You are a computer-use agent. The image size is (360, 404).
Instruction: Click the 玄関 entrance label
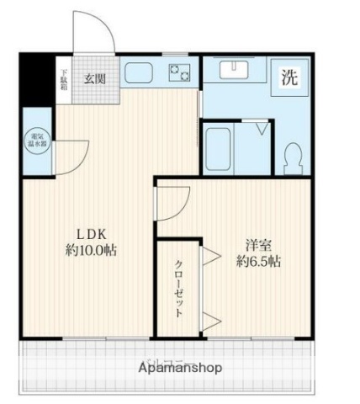93,79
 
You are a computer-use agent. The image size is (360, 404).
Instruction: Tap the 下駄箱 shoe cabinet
63,79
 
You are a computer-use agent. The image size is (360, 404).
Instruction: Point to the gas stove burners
179,74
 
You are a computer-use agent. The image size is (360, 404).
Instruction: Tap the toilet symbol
292,155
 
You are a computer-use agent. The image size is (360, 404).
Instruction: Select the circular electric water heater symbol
38,141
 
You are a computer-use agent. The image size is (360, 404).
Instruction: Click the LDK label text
90,233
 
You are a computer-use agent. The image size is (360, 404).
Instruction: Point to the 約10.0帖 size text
90,250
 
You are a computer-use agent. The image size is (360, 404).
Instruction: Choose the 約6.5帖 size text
258,262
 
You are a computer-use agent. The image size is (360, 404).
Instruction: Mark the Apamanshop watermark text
181,368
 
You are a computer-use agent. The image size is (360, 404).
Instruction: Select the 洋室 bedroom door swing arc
175,203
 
